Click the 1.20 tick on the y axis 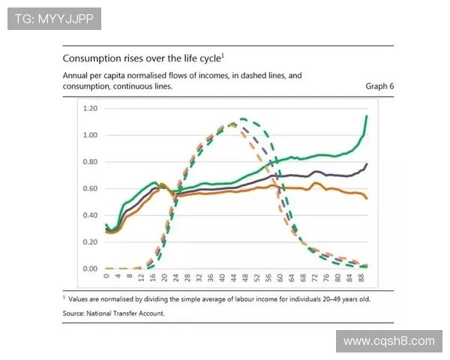[90, 109]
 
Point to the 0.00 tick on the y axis [90, 268]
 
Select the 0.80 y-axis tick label [90, 162]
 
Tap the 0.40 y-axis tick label [90, 215]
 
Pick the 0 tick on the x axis [107, 277]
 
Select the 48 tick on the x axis [244, 278]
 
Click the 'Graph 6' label [379, 86]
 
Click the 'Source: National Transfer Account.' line [113, 313]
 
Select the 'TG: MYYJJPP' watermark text [54, 19]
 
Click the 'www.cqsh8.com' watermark [388, 341]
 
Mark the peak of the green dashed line [242, 118]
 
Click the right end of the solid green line [367, 116]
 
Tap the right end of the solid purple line [367, 163]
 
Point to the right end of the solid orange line [367, 198]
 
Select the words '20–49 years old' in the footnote [341, 298]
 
